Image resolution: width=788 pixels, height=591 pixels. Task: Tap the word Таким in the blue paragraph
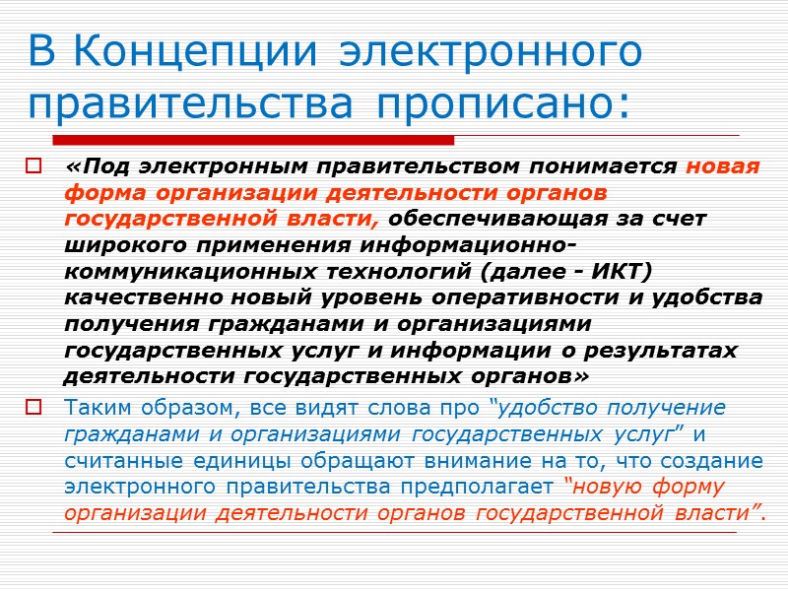96,408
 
